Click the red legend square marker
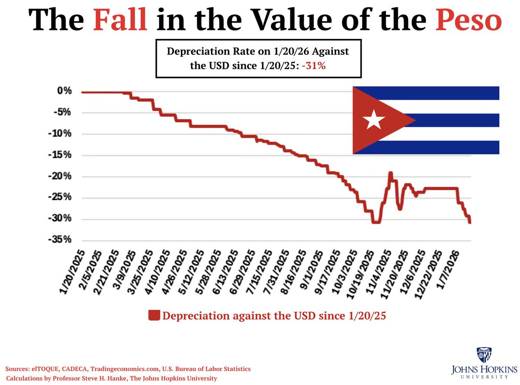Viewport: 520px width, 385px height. click(x=154, y=315)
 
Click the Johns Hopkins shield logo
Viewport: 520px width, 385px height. click(x=484, y=355)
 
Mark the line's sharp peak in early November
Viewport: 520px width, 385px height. click(x=390, y=173)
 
